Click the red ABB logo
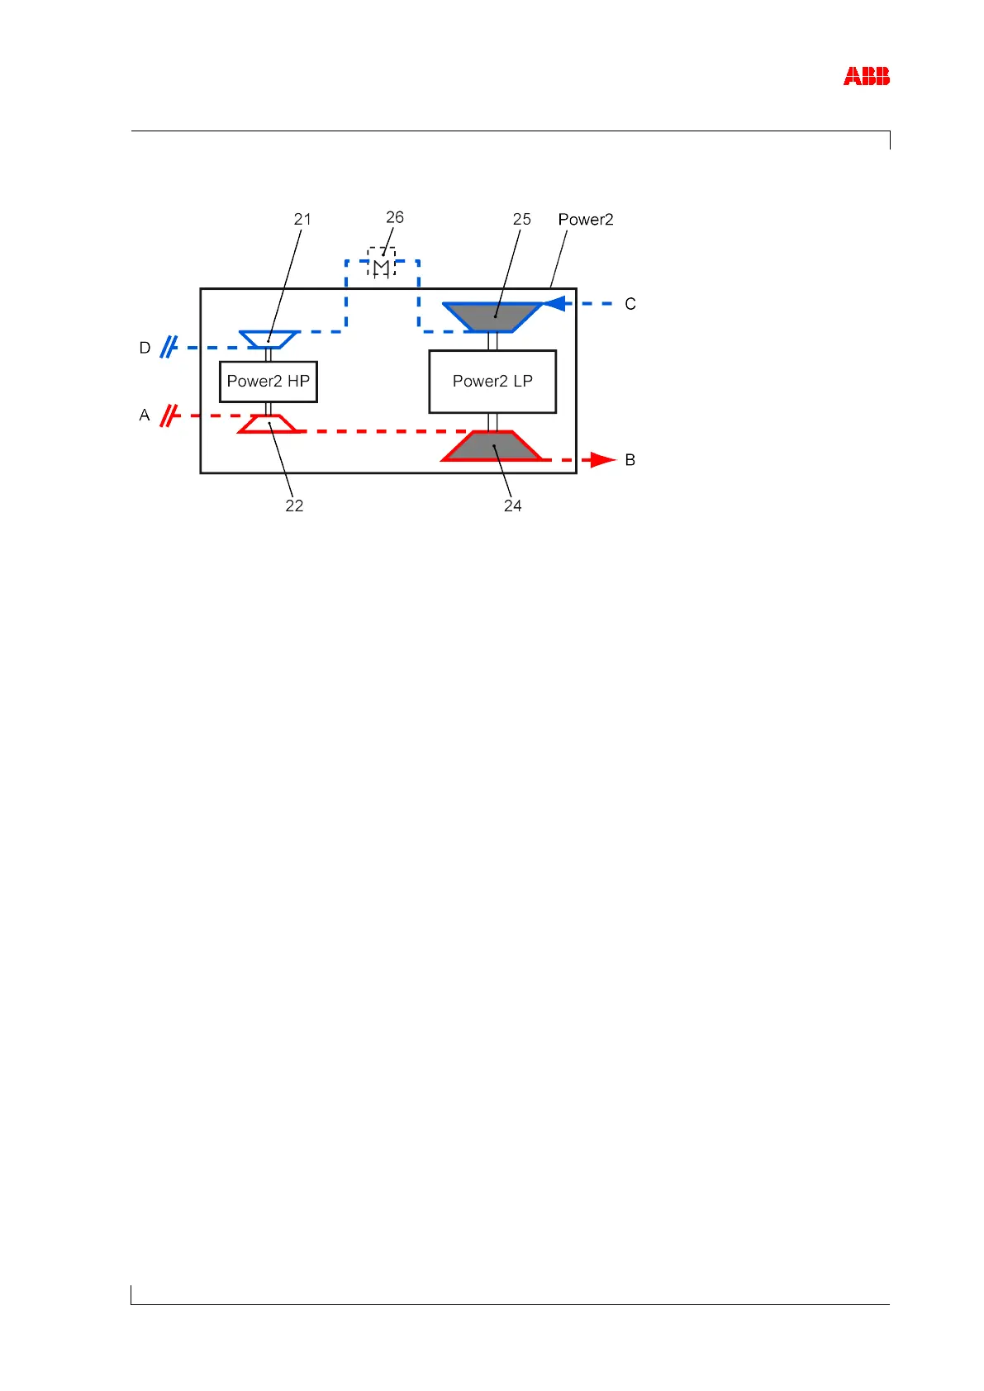(x=866, y=77)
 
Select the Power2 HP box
(x=269, y=382)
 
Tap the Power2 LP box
(x=492, y=382)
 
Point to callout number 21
(x=302, y=220)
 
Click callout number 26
(x=395, y=217)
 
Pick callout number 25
(x=521, y=220)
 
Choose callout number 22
(x=294, y=506)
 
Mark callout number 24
(x=512, y=506)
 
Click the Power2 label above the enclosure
(x=586, y=220)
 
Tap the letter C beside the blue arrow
(x=630, y=305)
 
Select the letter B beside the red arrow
(x=630, y=460)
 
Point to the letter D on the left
(x=145, y=349)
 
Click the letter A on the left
(x=145, y=415)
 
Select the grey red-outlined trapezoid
(x=492, y=446)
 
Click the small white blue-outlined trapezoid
(x=269, y=339)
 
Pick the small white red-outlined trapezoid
(x=269, y=424)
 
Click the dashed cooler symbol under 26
(x=381, y=262)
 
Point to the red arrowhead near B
(x=604, y=460)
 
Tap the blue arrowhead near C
(x=555, y=304)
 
